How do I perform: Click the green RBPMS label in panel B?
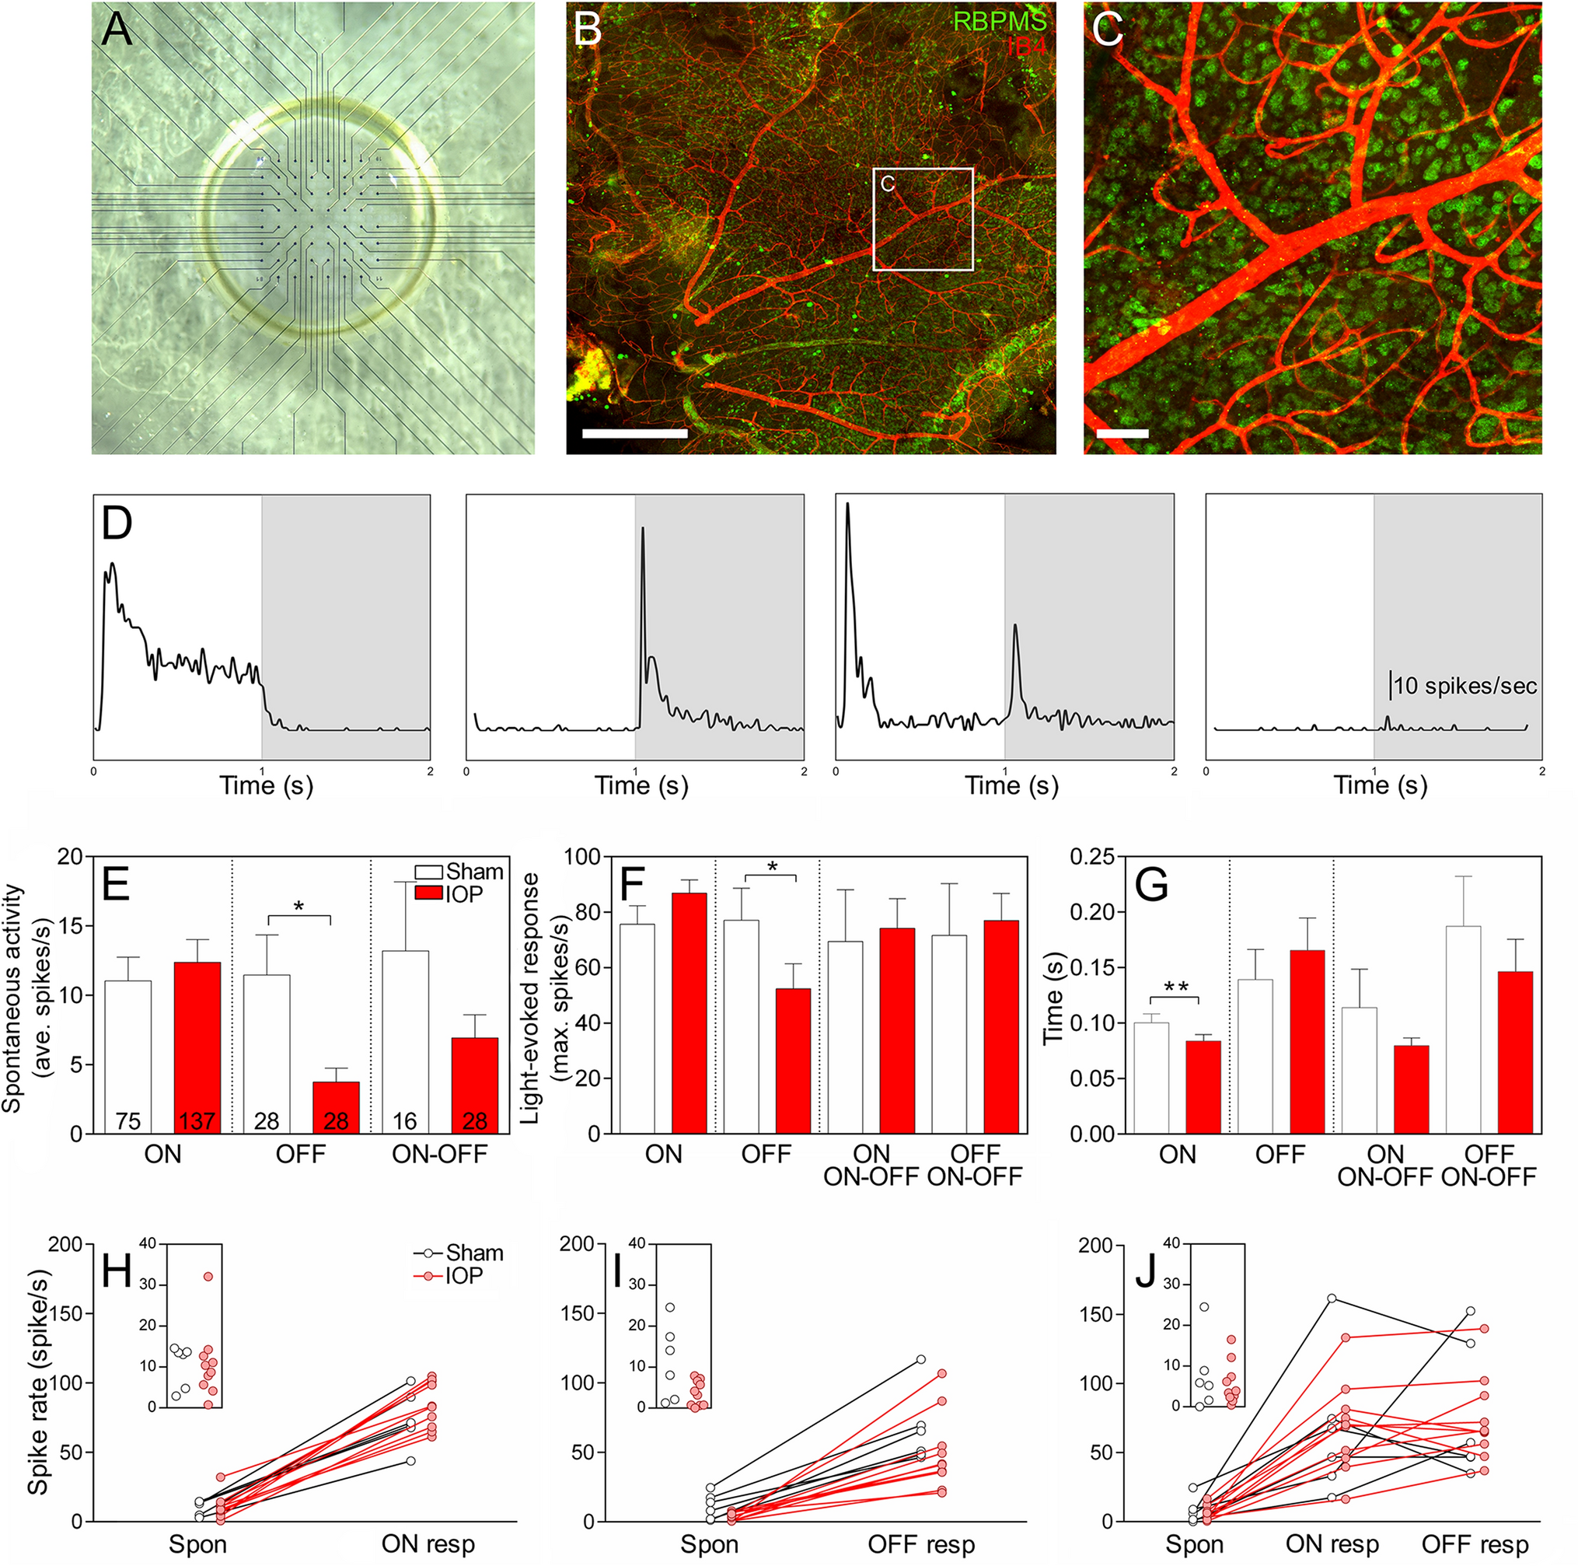tap(999, 20)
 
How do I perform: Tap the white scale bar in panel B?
tap(634, 433)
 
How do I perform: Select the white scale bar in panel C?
tap(1122, 434)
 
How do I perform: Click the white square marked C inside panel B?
tap(923, 219)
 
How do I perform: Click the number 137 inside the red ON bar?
tap(197, 1120)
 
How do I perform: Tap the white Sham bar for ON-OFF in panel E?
tap(405, 1042)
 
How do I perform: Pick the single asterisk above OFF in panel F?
tap(772, 865)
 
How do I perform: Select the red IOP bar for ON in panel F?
tap(689, 1012)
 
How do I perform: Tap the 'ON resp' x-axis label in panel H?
tap(428, 1544)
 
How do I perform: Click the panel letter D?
tap(117, 523)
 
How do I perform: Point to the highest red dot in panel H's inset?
tap(208, 1276)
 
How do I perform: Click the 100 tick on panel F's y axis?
tap(589, 857)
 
